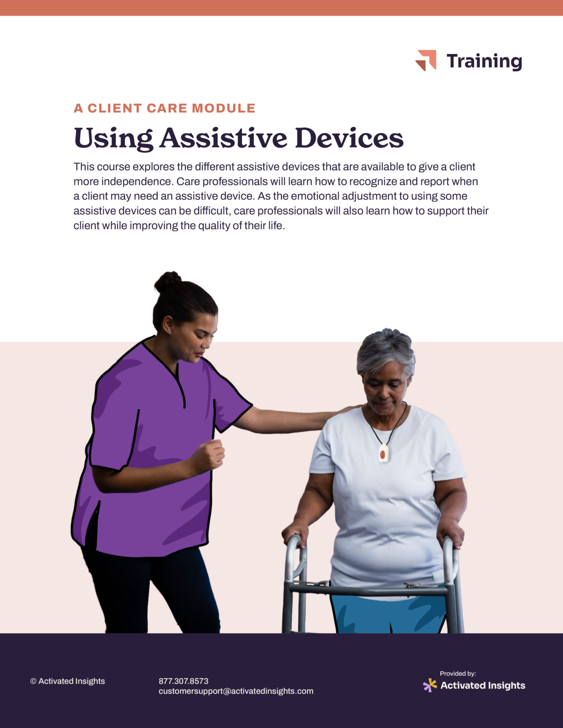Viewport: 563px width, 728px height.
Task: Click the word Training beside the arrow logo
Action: pos(484,61)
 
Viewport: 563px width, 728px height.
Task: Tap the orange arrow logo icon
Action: pos(426,60)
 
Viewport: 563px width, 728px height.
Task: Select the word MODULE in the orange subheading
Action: pos(224,108)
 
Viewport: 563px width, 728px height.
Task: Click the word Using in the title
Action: pos(113,139)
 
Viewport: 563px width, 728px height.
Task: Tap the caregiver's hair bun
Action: pos(167,281)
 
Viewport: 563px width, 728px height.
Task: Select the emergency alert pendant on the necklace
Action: pos(383,453)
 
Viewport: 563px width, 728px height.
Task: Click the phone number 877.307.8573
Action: pos(183,681)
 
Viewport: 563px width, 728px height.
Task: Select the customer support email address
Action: pos(236,691)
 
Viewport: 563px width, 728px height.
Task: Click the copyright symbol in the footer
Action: pos(33,681)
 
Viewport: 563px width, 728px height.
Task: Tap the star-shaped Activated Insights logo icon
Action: pos(430,685)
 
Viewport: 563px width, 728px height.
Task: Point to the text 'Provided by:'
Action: pos(458,674)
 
